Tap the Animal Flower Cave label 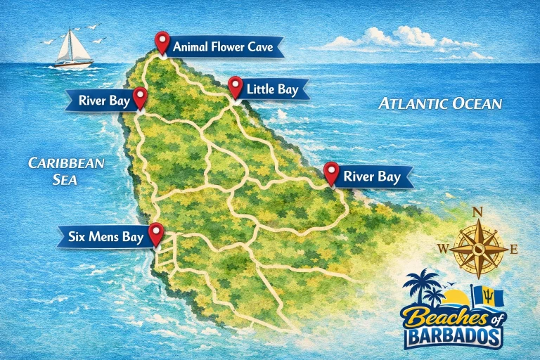click(226, 48)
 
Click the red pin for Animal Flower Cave click(162, 43)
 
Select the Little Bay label click(277, 89)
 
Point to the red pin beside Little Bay click(236, 87)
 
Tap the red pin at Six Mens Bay click(155, 234)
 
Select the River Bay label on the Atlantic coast click(373, 177)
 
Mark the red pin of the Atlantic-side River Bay click(330, 173)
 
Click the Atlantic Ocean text click(440, 104)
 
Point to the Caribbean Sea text click(65, 171)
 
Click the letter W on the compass click(443, 248)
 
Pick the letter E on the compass click(514, 248)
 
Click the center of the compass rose click(478, 248)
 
